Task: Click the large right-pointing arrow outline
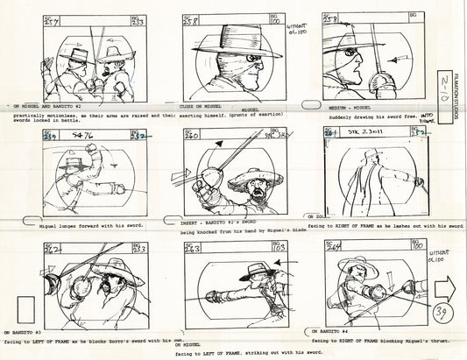coord(447,261)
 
